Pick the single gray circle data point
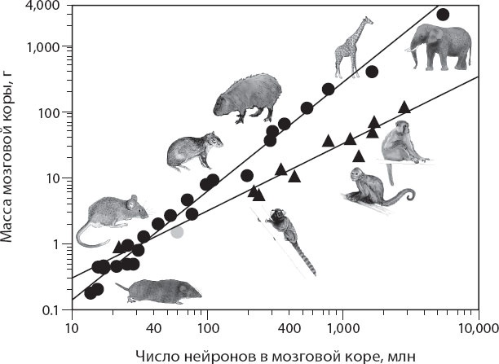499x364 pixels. coord(178,232)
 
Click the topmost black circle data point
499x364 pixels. coord(443,14)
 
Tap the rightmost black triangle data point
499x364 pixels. coord(404,107)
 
